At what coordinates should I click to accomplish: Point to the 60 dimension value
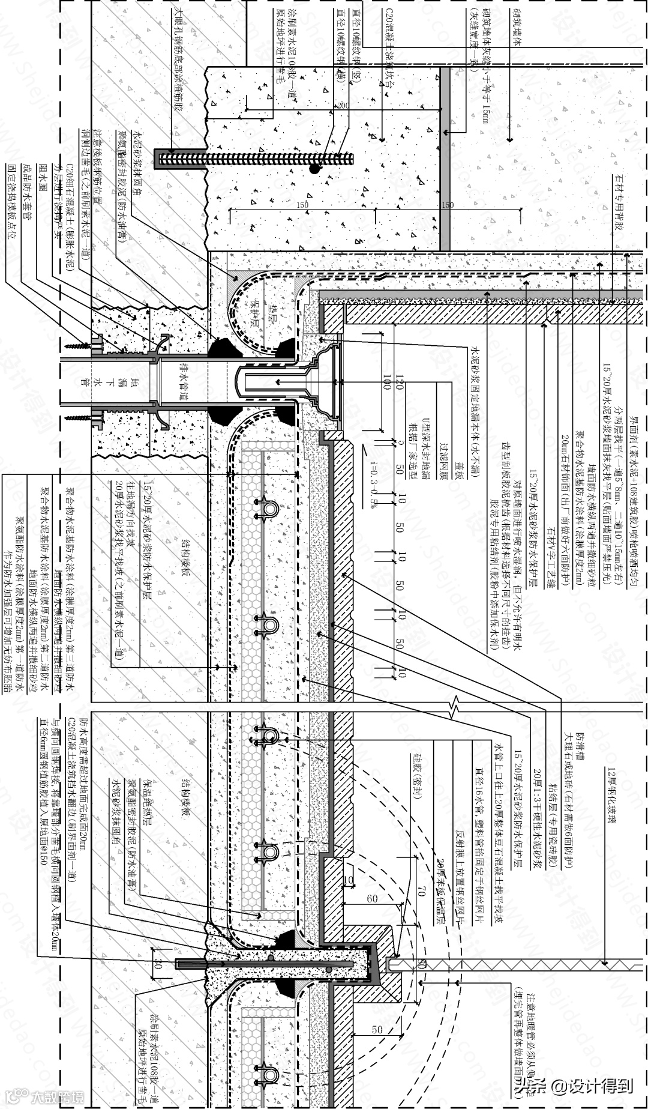(x=372, y=898)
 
